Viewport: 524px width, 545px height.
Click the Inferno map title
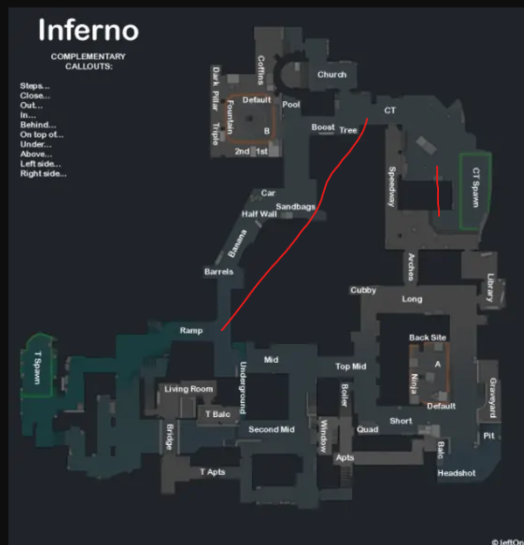(89, 30)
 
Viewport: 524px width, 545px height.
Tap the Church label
(332, 75)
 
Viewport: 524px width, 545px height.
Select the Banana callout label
(237, 243)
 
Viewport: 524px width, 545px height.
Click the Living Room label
(189, 389)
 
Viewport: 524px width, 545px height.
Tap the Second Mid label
(272, 430)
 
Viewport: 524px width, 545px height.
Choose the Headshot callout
(457, 473)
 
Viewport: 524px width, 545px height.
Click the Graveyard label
(493, 398)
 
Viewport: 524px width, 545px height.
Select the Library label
(490, 287)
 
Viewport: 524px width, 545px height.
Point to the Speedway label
(391, 186)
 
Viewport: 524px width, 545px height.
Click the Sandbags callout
(295, 207)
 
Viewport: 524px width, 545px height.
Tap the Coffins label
(261, 70)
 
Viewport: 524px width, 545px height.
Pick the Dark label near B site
(216, 77)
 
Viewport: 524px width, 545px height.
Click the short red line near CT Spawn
(438, 191)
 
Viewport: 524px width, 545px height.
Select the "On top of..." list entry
(42, 135)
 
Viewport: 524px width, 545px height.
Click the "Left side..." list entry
(40, 164)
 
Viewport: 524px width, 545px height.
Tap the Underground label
(243, 388)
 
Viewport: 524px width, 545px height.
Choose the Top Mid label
(350, 366)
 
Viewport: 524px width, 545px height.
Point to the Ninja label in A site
(415, 383)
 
